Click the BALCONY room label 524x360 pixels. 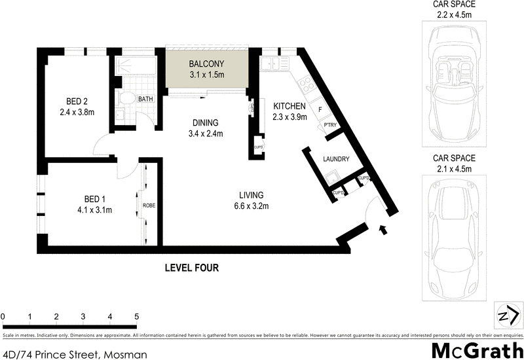point(206,64)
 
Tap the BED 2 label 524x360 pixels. point(77,101)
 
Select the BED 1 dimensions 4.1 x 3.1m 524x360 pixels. point(90,210)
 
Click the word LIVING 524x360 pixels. point(251,195)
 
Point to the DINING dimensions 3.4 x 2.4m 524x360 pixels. point(205,134)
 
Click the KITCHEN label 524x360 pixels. point(289,106)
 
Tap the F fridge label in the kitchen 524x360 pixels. point(320,109)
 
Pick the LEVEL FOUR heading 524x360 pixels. point(191,267)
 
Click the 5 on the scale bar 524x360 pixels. point(136,317)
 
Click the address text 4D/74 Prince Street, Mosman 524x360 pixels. point(74,354)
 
